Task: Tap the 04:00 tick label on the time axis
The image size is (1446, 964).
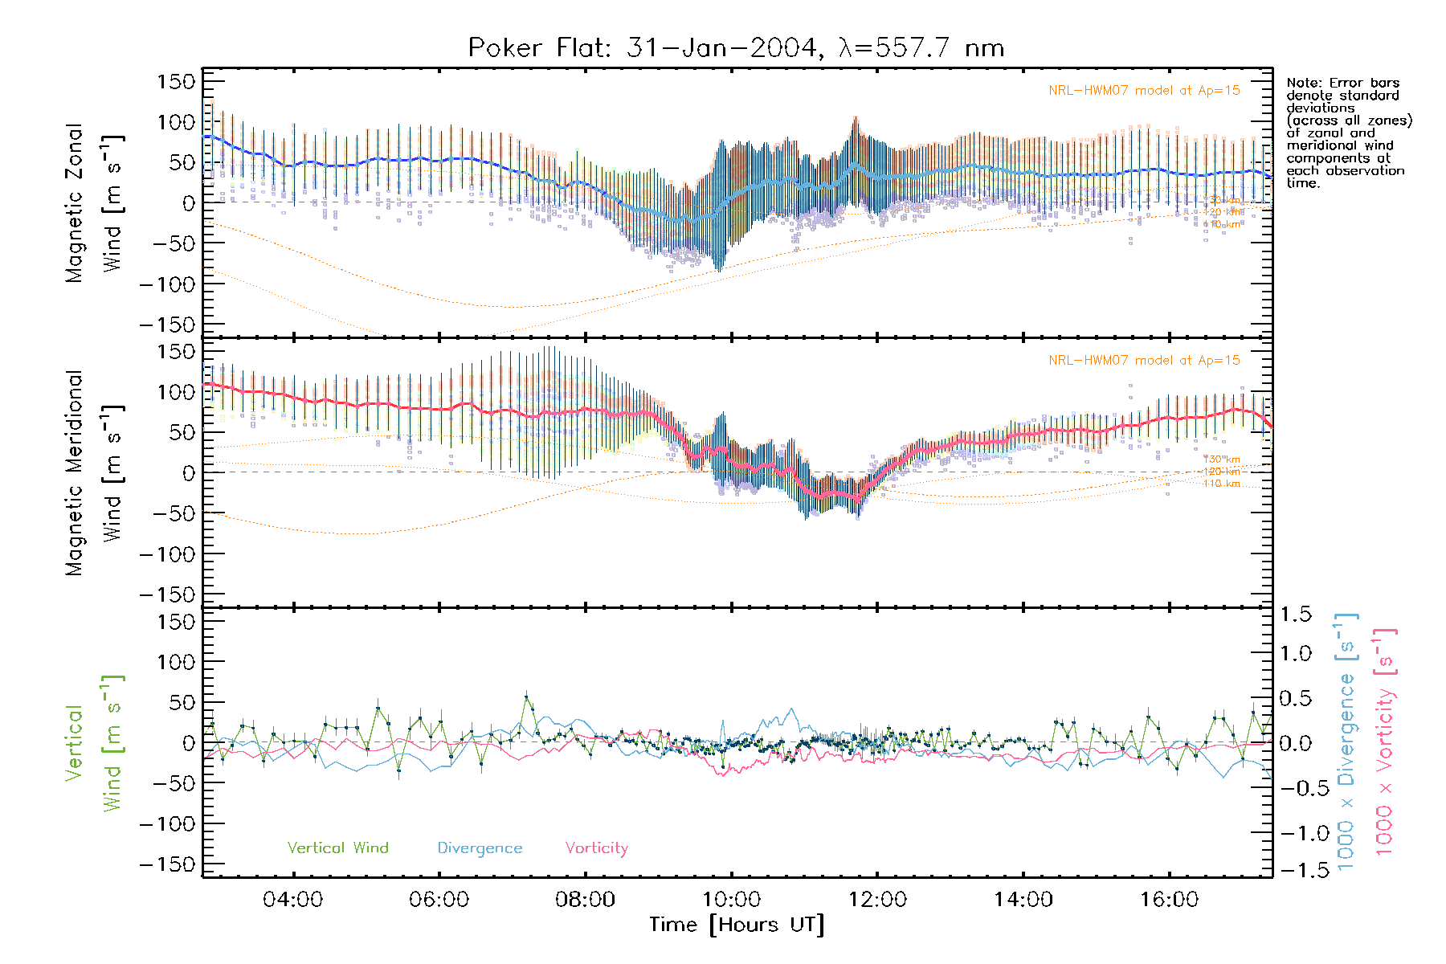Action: pos(292,900)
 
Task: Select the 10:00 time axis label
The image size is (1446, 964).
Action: pos(731,900)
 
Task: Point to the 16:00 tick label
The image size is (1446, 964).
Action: pos(1169,900)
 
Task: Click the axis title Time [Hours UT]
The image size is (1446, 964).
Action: pos(737,925)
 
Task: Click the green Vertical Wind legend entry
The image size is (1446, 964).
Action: pos(337,848)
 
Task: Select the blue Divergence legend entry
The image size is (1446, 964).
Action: pos(480,848)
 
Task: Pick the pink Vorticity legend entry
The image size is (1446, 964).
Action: pos(596,848)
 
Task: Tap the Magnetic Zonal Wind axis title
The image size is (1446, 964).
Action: pos(94,202)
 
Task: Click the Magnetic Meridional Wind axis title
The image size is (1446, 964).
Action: pos(94,473)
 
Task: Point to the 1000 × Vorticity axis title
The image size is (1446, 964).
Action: pos(1386,742)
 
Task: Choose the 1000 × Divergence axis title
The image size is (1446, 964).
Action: pos(1347,742)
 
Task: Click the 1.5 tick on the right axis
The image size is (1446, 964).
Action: pos(1295,615)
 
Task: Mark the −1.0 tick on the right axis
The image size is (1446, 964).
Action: pos(1301,832)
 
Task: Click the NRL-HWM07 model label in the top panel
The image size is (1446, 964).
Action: pos(1144,91)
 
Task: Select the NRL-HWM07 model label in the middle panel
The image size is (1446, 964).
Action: pos(1144,361)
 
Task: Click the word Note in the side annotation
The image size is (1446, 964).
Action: pos(1301,83)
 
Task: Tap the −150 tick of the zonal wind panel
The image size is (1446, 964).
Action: pos(167,325)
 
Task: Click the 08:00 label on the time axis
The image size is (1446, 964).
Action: pos(585,900)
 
